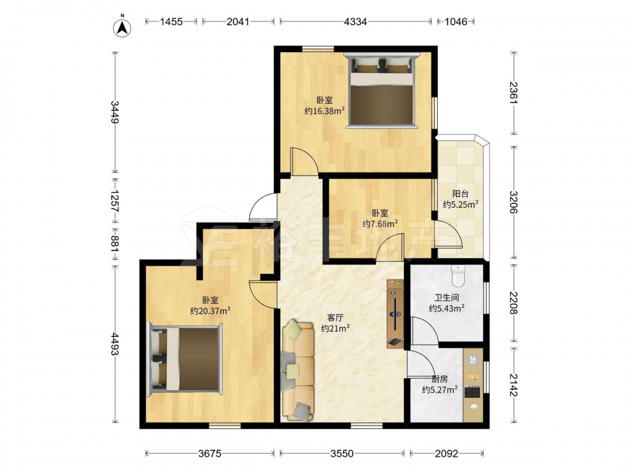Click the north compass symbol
point(123,27)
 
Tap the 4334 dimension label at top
point(355,21)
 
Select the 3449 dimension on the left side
point(115,112)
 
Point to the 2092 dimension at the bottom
point(447,454)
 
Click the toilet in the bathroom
point(458,276)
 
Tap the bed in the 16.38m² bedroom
point(382,91)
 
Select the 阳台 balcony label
point(460,194)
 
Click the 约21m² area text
point(335,329)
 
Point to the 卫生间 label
point(447,298)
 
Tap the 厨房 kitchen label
point(440,379)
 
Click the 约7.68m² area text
point(380,223)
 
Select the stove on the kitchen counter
point(473,391)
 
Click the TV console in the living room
point(395,313)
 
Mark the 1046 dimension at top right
point(455,21)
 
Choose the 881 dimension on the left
point(115,244)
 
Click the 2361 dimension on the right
point(514,93)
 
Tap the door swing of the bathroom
point(425,330)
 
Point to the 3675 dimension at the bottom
point(210,454)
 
